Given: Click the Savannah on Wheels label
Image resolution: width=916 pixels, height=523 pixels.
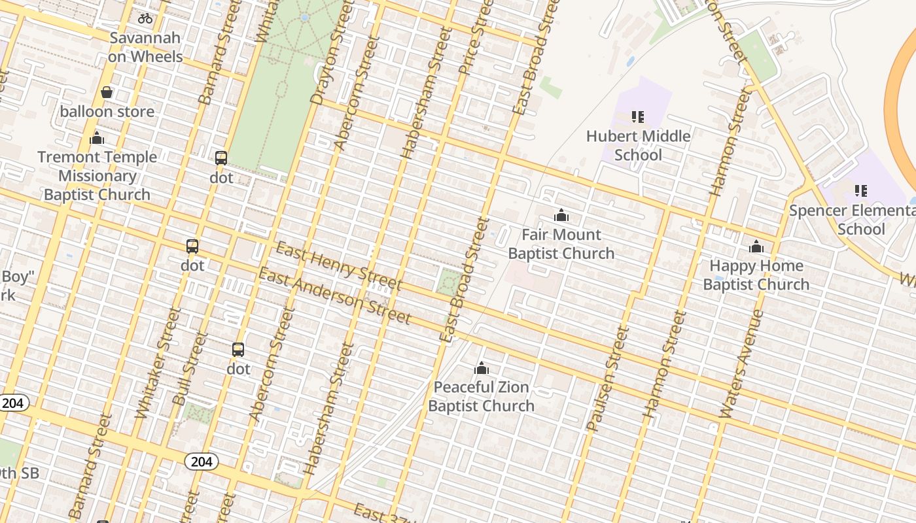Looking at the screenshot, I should pos(145,47).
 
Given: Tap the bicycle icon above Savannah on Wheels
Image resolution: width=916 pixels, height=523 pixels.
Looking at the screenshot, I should pos(145,18).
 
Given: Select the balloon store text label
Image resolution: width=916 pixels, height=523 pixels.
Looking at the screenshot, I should pos(107,111).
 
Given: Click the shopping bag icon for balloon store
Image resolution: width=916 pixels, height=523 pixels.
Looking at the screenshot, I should pos(107,93).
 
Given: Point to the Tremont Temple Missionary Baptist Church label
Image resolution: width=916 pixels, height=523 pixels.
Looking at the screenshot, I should pos(97,175).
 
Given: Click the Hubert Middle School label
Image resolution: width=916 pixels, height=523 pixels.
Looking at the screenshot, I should pos(638,145).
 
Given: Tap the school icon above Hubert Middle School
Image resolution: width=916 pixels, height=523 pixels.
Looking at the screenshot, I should pos(638,117).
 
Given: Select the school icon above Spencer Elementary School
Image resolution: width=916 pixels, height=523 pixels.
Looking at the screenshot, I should pos(861,191).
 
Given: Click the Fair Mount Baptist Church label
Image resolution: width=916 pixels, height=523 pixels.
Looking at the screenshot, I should pos(561,244).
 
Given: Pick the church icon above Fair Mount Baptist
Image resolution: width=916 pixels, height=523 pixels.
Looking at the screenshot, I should pos(561,215).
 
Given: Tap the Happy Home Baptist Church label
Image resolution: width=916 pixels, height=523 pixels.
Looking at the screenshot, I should pos(756,275).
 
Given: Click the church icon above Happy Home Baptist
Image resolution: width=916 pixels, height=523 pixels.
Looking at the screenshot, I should pos(756,246).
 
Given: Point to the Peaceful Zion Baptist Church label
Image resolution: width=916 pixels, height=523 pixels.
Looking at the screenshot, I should pos(482,396).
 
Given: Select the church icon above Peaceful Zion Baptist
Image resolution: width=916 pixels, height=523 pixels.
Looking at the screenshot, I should pos(482,368).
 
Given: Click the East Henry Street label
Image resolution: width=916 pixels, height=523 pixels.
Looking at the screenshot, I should pos(338,266).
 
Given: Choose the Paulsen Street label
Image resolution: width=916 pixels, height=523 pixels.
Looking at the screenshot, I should pos(607,379).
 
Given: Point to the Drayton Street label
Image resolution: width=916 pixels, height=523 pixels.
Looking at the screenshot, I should pos(328,62).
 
